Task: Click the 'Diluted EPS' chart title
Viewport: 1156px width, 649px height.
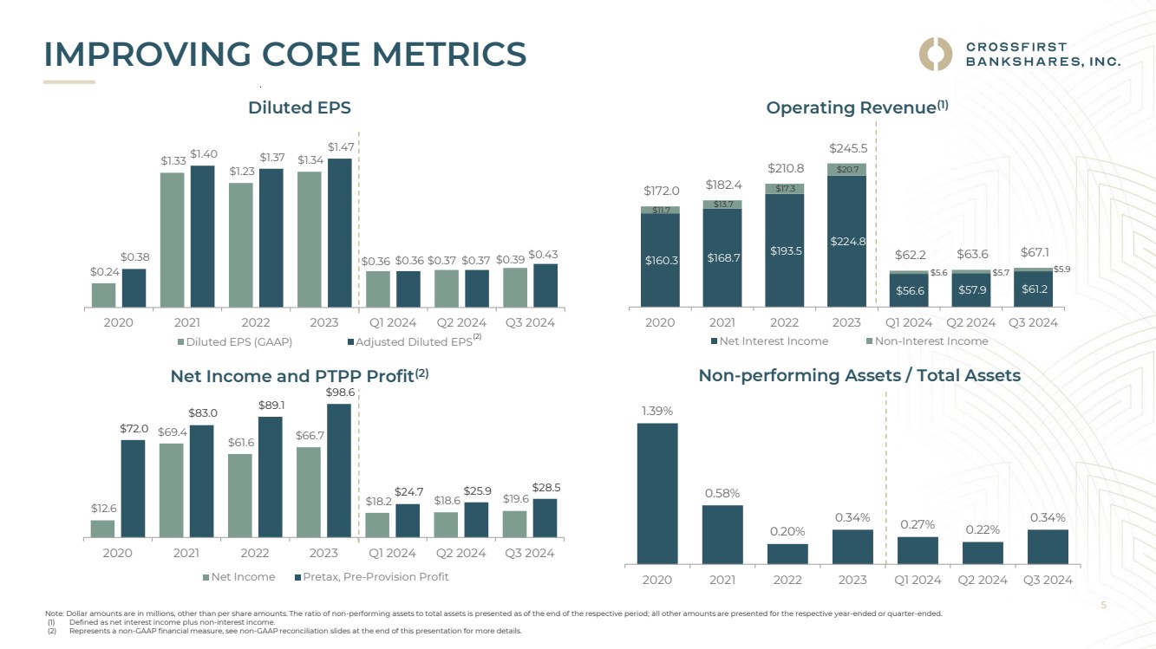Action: [299, 107]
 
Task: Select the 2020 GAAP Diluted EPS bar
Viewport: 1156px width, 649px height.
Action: [103, 295]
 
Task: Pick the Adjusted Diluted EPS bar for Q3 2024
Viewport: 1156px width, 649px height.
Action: [545, 285]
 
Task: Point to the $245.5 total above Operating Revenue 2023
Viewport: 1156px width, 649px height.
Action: [847, 149]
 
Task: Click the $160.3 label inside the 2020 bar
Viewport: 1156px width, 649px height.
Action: [660, 260]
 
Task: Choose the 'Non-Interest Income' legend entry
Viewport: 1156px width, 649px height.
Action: [926, 341]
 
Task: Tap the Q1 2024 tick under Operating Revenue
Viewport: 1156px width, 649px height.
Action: [908, 322]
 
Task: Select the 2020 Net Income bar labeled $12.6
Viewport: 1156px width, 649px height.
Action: [103, 528]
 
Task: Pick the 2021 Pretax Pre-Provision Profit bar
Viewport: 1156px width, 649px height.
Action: [201, 481]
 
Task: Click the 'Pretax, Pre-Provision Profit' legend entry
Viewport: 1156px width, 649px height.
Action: [370, 577]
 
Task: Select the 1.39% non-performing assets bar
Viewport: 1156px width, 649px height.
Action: [657, 493]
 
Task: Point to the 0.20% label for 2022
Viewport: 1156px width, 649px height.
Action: [787, 531]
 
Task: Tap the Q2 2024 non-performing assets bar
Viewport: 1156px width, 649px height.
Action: [983, 553]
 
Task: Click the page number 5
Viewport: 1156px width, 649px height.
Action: [1103, 607]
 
